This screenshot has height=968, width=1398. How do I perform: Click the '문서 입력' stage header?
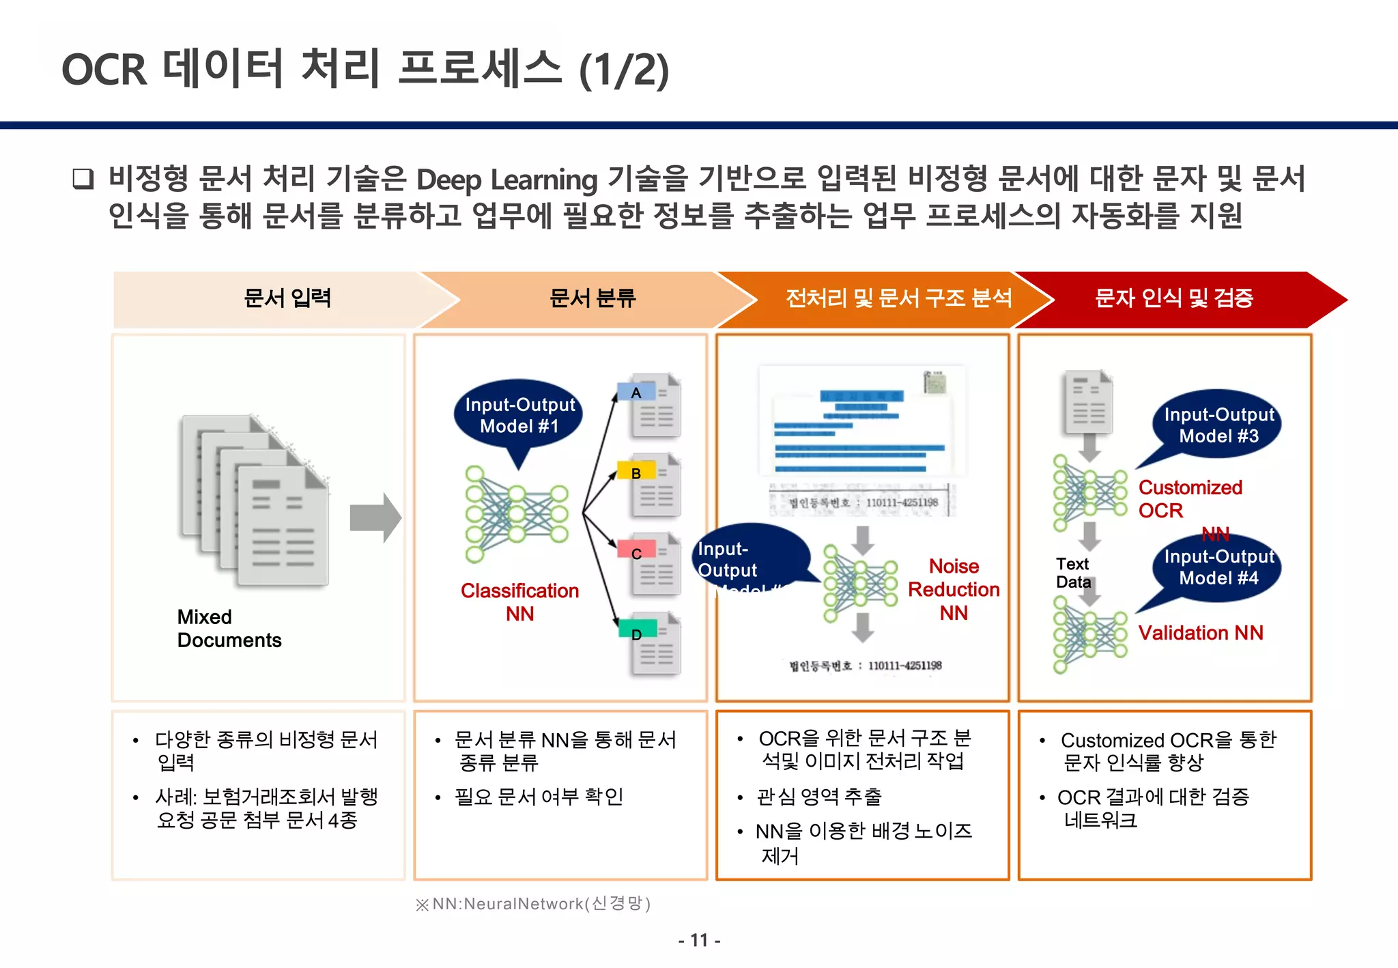[x=287, y=298]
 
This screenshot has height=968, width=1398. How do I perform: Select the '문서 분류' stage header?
[x=592, y=298]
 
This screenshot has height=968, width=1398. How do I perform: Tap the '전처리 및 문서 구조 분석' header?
[x=898, y=298]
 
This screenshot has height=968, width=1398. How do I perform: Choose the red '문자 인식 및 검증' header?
[x=1173, y=298]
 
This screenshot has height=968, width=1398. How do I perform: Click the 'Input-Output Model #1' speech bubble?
[x=519, y=415]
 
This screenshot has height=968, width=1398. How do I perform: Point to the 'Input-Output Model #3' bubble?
[x=1218, y=425]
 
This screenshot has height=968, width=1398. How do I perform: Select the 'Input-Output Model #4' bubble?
[x=1218, y=567]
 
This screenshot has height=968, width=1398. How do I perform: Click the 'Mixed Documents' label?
[x=229, y=628]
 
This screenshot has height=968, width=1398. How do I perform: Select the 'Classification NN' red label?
[x=519, y=601]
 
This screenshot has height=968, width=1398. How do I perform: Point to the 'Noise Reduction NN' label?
[x=954, y=589]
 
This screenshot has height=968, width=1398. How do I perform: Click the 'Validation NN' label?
[x=1200, y=633]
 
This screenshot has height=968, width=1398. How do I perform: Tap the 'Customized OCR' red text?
[x=1189, y=498]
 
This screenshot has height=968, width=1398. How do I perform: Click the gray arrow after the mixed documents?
[x=375, y=517]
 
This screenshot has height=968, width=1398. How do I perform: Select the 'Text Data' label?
[x=1073, y=573]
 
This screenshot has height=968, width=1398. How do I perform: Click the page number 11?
[x=699, y=940]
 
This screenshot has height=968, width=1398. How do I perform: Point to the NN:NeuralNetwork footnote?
[x=532, y=904]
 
